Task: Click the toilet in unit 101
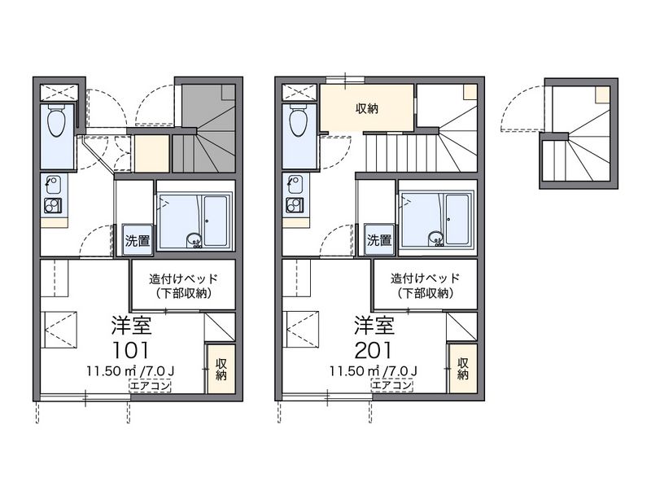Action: tap(56, 120)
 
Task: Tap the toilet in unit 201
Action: tap(299, 120)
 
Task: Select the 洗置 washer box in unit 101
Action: tap(138, 240)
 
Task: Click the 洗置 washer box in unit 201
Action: tap(379, 240)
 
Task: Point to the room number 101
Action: tap(131, 350)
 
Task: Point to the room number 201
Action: tap(374, 350)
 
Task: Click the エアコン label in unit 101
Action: tap(151, 386)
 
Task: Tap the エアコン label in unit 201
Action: tap(392, 386)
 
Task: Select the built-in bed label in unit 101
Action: tap(184, 286)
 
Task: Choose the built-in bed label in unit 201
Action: tap(425, 286)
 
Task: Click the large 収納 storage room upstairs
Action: tap(367, 108)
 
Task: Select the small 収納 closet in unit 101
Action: tap(221, 369)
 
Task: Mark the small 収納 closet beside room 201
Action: tap(462, 369)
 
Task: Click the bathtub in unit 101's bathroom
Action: tap(216, 221)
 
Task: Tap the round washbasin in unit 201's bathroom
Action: tap(436, 239)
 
